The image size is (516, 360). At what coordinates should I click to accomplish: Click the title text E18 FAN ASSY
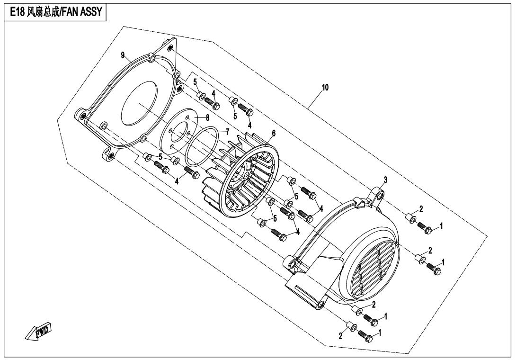(x=55, y=12)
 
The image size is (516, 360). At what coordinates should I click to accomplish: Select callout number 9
(x=123, y=55)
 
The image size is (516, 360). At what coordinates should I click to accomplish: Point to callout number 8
(x=208, y=117)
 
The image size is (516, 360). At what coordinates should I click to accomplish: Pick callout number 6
(x=274, y=133)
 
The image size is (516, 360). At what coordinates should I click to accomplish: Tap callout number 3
(x=386, y=180)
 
